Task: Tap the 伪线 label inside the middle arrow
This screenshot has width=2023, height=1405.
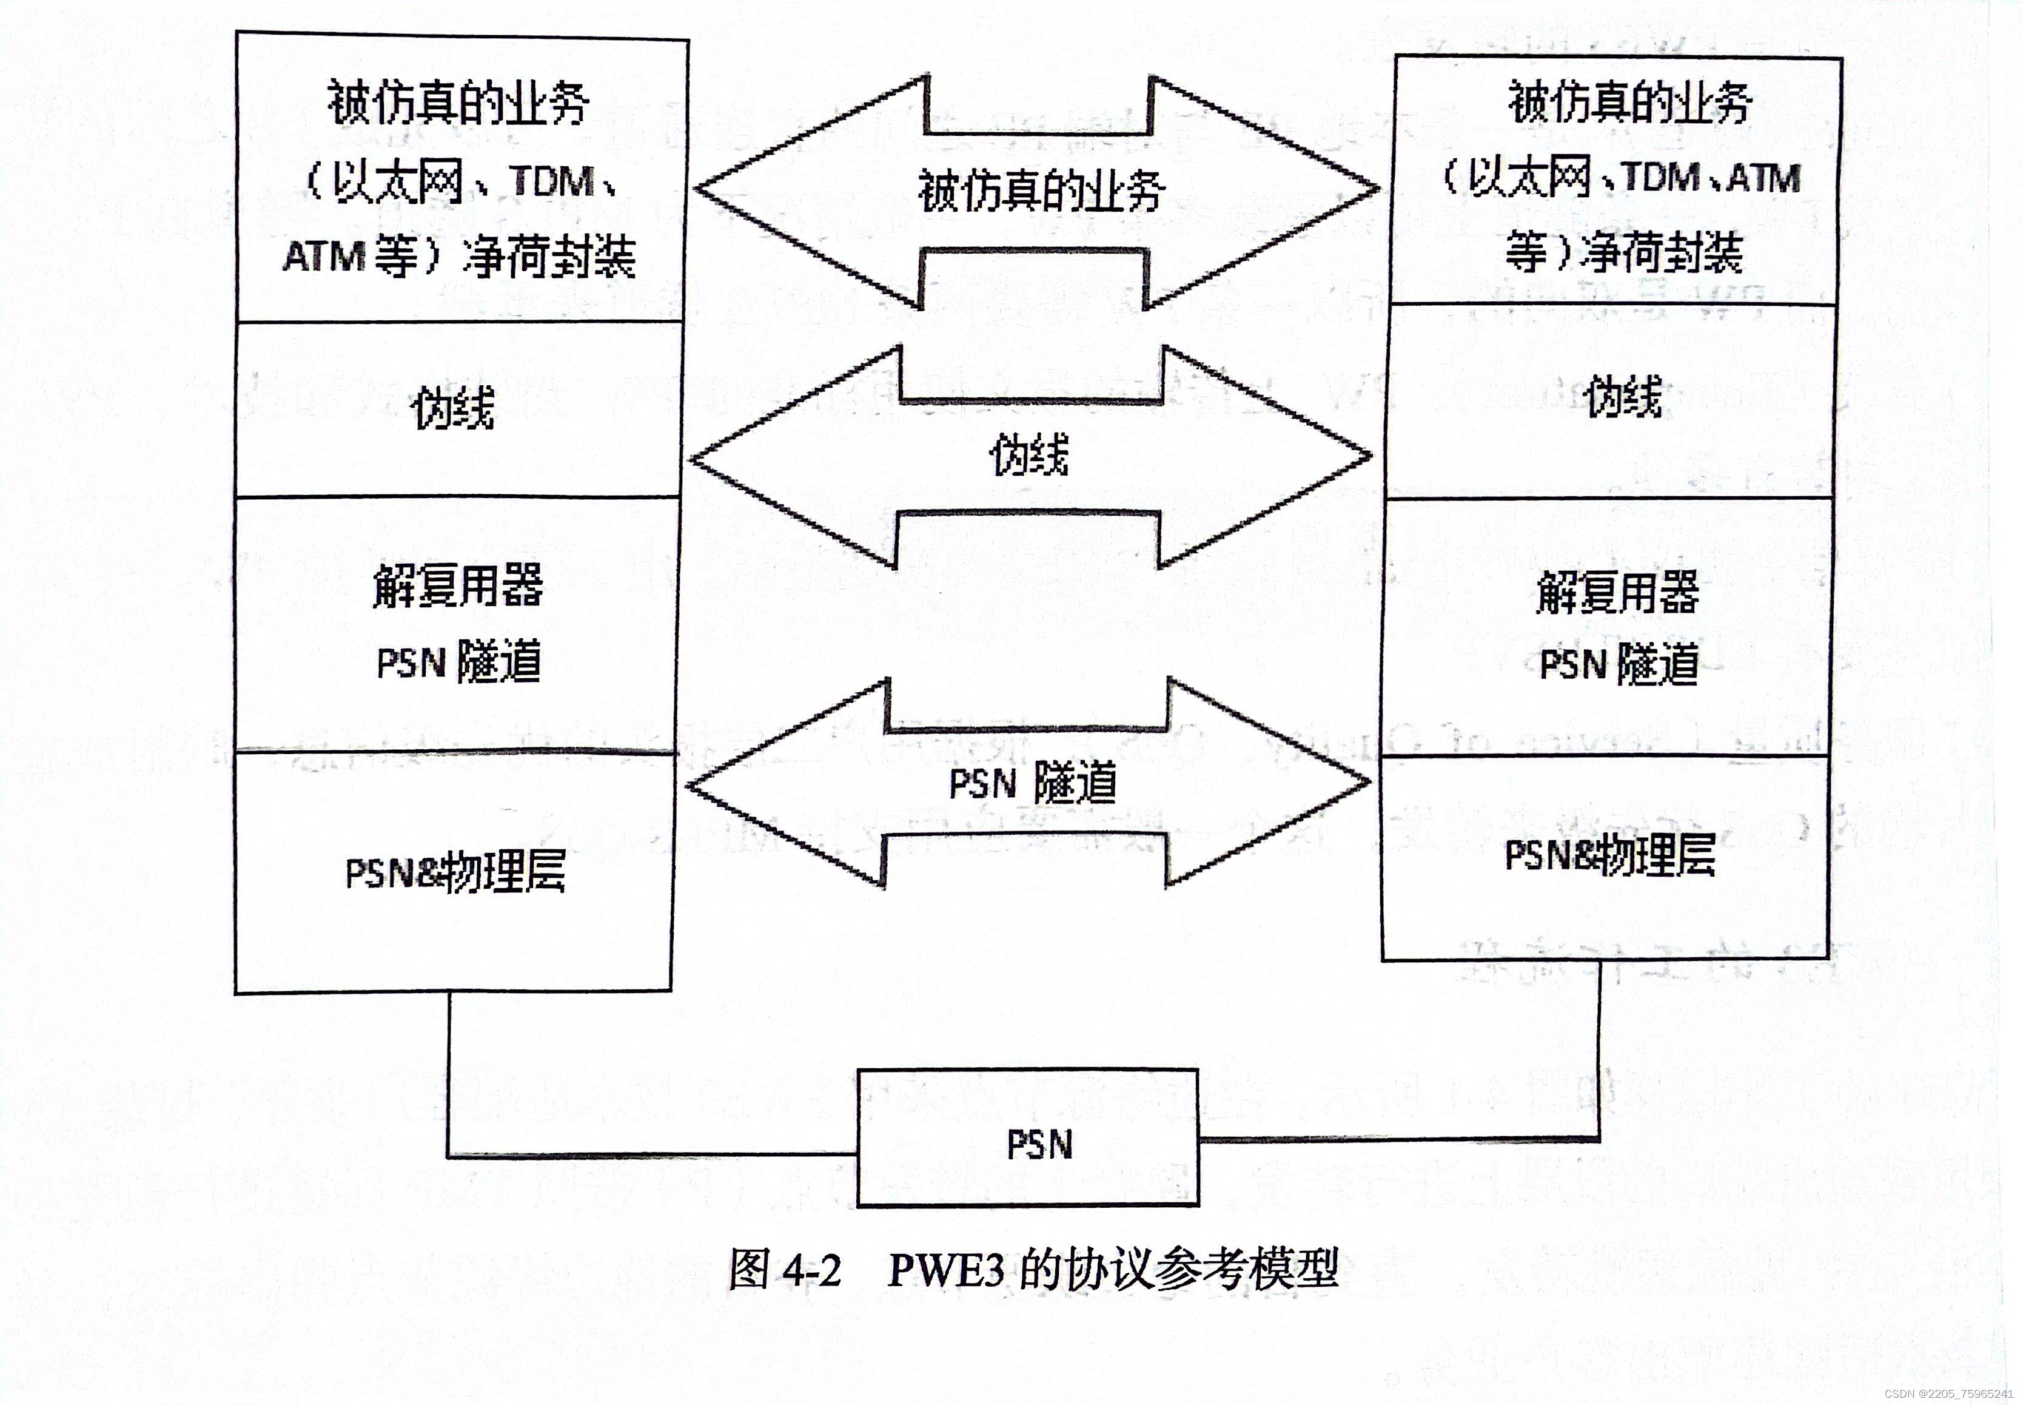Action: click(x=1030, y=455)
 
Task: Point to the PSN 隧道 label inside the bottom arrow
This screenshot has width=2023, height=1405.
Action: click(x=1032, y=783)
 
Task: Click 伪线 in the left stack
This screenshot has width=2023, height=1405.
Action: click(x=453, y=408)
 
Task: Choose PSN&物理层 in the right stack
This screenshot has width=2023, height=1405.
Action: click(x=1609, y=855)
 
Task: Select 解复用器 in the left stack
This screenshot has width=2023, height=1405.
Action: click(x=458, y=586)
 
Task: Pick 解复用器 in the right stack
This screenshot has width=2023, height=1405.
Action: click(x=1617, y=591)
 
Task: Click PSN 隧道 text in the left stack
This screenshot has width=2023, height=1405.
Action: click(x=458, y=662)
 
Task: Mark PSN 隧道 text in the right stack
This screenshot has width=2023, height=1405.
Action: click(x=1619, y=665)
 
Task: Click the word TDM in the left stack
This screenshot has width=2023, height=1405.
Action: click(x=552, y=182)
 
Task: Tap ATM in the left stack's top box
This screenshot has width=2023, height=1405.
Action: click(x=323, y=257)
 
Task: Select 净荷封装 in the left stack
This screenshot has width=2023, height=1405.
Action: click(x=548, y=257)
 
